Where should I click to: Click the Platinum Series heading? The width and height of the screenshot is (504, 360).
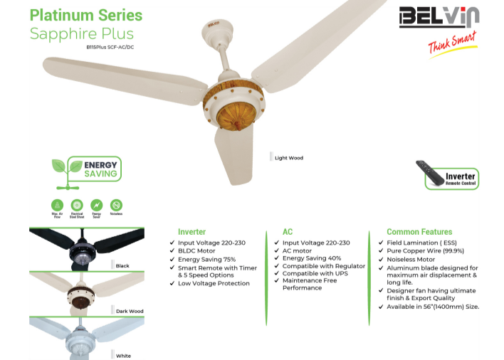86,15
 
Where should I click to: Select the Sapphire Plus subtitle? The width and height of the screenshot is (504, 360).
81,33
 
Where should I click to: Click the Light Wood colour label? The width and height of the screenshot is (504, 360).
288,158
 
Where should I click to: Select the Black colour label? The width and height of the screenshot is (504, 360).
122,266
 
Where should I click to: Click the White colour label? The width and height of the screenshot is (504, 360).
123,356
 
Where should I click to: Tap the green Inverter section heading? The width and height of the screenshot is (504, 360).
191,232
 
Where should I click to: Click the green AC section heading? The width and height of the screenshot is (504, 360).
288,232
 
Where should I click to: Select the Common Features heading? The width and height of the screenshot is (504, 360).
419,232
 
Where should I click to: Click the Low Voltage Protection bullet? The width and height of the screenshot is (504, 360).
214,283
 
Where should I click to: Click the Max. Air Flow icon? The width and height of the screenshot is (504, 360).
58,204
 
